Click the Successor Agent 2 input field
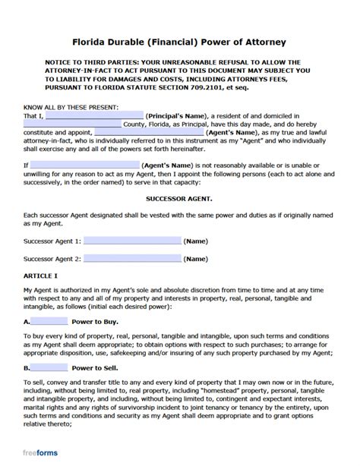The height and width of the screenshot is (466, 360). [x=133, y=259]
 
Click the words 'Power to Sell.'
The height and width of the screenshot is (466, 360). [x=98, y=367]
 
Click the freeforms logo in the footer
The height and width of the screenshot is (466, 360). [x=41, y=453]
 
